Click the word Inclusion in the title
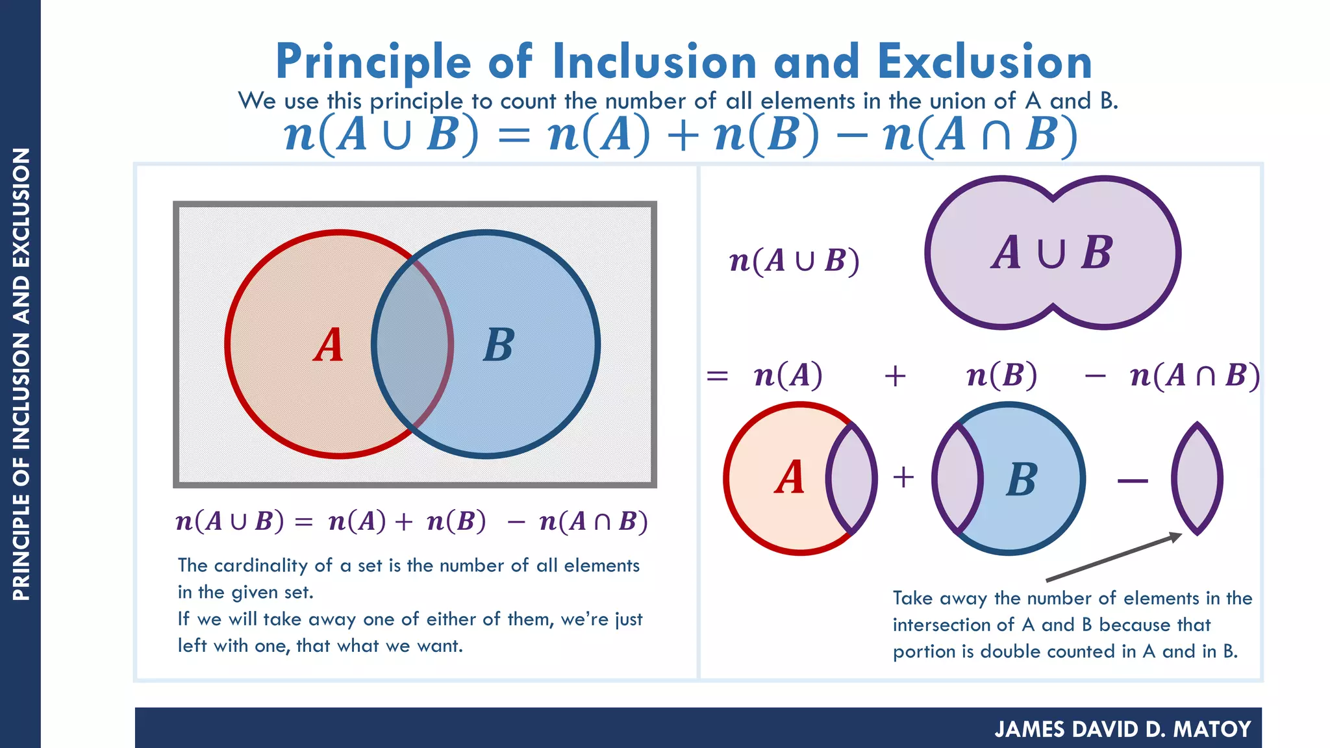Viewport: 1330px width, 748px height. point(655,62)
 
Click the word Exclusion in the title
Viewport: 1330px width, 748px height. point(985,62)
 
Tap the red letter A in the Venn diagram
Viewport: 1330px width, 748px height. point(329,345)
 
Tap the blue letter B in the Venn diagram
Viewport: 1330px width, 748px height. point(499,345)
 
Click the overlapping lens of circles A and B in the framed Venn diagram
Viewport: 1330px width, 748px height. point(412,344)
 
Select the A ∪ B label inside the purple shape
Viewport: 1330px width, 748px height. point(1052,253)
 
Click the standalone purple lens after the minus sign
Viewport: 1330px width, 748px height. point(1197,479)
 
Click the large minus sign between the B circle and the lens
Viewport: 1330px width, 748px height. point(1133,481)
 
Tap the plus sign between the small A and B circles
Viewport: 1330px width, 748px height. point(903,478)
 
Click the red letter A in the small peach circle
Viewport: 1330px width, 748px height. point(790,478)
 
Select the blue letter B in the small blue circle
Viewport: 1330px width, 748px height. point(1022,480)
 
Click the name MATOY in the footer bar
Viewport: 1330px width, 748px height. point(1212,729)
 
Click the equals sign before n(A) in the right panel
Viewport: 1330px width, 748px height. point(717,376)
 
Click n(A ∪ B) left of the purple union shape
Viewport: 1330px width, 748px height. point(794,261)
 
